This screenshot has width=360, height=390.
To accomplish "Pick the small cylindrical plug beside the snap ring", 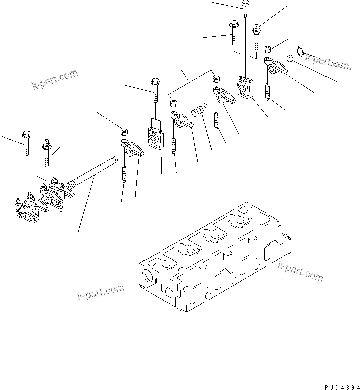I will pyautogui.click(x=289, y=59).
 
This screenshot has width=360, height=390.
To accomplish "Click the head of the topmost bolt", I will pyautogui.click(x=245, y=5).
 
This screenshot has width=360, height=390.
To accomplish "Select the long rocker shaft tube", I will pyautogui.click(x=95, y=172).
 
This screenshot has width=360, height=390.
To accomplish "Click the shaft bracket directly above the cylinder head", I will pyautogui.click(x=246, y=87).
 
